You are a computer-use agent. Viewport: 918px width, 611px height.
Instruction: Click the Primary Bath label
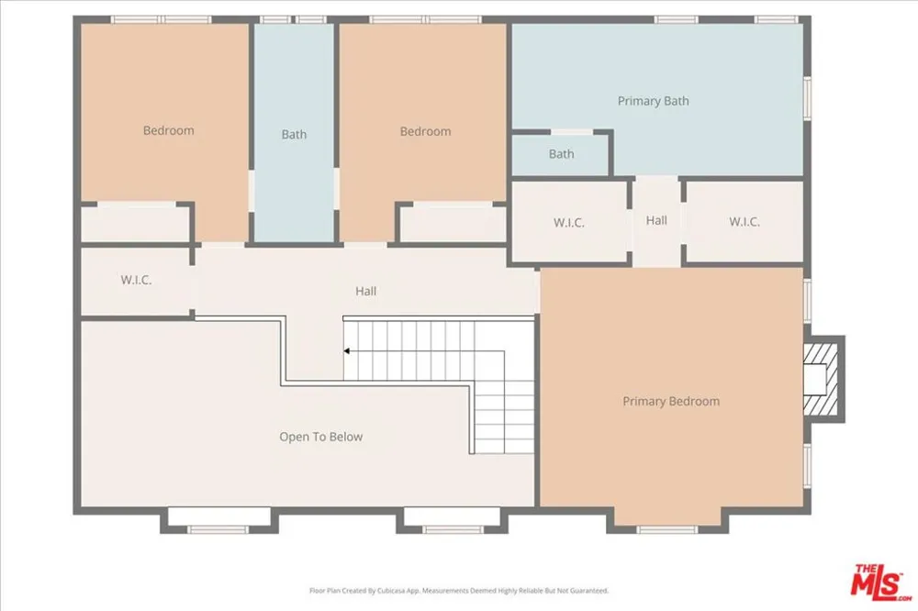653,101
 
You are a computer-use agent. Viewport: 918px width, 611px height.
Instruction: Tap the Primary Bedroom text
671,402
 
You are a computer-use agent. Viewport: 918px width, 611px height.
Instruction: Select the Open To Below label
320,437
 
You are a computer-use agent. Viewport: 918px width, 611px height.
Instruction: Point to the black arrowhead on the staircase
347,351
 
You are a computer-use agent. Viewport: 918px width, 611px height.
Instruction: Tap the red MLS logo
881,582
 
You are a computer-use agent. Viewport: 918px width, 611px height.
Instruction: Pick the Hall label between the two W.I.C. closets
656,220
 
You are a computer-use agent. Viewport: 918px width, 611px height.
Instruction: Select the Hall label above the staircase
366,291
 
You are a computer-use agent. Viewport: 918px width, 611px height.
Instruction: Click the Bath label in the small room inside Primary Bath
561,154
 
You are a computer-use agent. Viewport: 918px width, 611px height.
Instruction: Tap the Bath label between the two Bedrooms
294,135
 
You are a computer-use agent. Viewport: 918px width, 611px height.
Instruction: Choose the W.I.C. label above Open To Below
136,280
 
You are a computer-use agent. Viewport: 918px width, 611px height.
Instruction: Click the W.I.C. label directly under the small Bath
568,222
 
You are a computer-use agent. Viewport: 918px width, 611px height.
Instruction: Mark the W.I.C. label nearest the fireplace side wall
744,222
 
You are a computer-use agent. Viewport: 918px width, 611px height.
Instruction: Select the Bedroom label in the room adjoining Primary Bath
426,132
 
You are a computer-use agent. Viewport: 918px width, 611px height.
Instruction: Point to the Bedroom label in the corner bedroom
169,130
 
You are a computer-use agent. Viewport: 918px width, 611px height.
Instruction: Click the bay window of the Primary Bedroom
667,529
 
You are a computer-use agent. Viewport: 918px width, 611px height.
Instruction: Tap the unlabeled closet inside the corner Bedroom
135,223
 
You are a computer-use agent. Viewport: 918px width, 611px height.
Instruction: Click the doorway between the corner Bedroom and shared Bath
252,190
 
